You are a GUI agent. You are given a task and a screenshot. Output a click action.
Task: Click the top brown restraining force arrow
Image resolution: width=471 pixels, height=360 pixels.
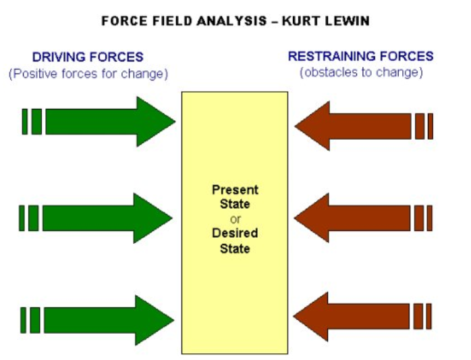click(364, 126)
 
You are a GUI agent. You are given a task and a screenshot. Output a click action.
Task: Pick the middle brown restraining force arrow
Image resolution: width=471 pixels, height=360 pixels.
click(364, 217)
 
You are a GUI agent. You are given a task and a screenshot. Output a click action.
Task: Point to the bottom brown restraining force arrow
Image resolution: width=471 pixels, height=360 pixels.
click(364, 316)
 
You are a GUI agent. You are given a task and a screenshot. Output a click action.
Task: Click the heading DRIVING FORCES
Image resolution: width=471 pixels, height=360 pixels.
click(88, 57)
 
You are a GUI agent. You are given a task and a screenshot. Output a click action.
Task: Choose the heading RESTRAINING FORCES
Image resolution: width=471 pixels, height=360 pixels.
click(360, 57)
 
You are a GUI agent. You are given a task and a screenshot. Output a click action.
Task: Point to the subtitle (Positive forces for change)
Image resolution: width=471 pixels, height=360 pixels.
click(88, 74)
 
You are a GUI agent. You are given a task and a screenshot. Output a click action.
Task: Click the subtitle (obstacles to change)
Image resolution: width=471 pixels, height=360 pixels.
click(361, 73)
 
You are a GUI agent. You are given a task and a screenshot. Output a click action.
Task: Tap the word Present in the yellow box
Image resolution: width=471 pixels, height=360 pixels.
click(235, 190)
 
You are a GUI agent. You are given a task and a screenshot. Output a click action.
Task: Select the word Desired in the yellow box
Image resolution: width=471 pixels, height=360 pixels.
click(235, 234)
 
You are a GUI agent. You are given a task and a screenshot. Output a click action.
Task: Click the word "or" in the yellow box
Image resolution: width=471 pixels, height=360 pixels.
click(235, 219)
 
